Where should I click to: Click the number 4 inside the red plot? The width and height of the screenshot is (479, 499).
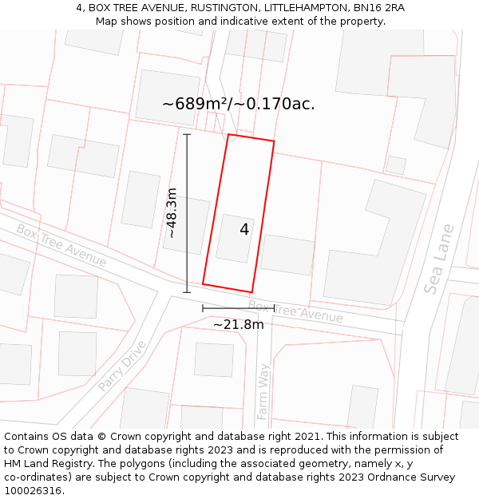[244, 230]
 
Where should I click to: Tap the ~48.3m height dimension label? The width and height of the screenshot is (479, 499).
[172, 213]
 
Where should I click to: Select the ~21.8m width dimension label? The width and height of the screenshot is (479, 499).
[238, 324]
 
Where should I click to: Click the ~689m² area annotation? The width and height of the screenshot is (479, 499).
[238, 104]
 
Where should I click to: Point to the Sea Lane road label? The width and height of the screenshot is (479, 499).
[439, 259]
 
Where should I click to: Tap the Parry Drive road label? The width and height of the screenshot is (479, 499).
[123, 366]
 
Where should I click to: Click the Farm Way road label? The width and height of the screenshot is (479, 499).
[263, 391]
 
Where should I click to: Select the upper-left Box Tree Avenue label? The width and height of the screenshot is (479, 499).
[61, 245]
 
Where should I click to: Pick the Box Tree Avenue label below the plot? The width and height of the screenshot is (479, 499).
[295, 311]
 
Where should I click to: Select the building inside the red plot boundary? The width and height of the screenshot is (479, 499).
[235, 238]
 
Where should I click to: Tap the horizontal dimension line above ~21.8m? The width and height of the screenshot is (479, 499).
[238, 308]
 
